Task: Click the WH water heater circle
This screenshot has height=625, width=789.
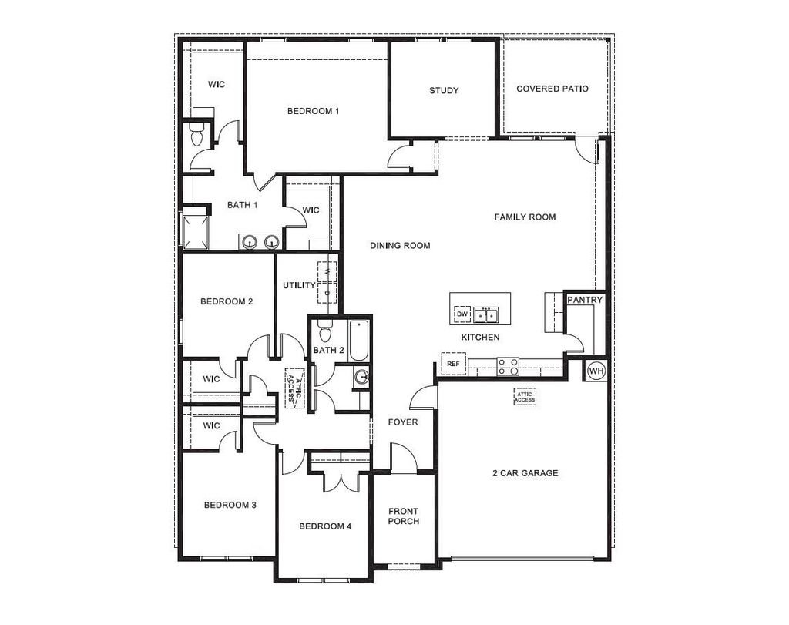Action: pos(596,371)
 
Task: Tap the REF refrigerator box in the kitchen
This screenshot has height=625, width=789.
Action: pos(453,364)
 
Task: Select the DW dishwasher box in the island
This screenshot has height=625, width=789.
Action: pos(462,314)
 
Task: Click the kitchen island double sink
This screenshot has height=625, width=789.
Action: pos(485,315)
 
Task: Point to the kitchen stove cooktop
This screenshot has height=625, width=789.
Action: pos(508,366)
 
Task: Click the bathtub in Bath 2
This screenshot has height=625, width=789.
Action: pos(359,340)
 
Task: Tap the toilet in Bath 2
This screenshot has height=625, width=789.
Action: pos(326,330)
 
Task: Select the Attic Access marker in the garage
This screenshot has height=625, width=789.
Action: pos(524,397)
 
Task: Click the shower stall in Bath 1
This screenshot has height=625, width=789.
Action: pos(195,233)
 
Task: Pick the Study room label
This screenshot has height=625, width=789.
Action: pos(444,91)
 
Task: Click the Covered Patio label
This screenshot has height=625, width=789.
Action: pos(552,89)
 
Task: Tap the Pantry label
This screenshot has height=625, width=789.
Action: pos(585,300)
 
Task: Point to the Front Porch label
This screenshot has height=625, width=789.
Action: pos(404,516)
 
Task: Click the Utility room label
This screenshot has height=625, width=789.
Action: pos(300,285)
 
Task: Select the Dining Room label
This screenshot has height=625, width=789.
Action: pos(400,246)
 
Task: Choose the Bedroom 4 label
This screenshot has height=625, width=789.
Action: pos(325,526)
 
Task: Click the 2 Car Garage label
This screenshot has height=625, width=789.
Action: pos(525,473)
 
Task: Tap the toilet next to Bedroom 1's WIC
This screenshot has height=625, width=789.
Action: pos(196,134)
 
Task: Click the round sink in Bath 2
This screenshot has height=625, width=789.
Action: pos(361,377)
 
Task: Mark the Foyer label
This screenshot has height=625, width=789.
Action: pos(402,422)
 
